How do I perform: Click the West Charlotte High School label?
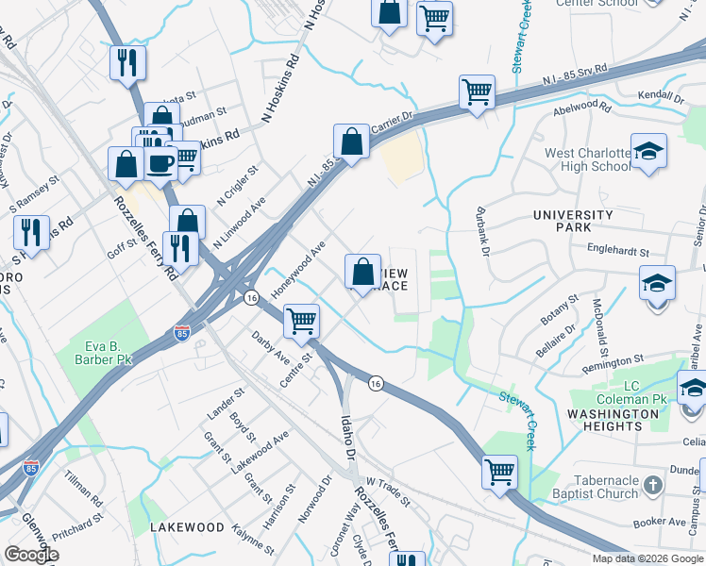(x=586, y=159)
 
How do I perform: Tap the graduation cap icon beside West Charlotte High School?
(x=648, y=152)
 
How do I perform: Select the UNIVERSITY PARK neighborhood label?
(x=573, y=221)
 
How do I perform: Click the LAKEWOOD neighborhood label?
(x=187, y=527)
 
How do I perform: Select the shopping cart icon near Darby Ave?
(x=302, y=322)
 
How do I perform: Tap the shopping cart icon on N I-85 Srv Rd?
(x=477, y=92)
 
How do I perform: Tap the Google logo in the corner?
(x=30, y=555)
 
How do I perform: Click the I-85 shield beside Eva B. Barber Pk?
(x=181, y=333)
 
